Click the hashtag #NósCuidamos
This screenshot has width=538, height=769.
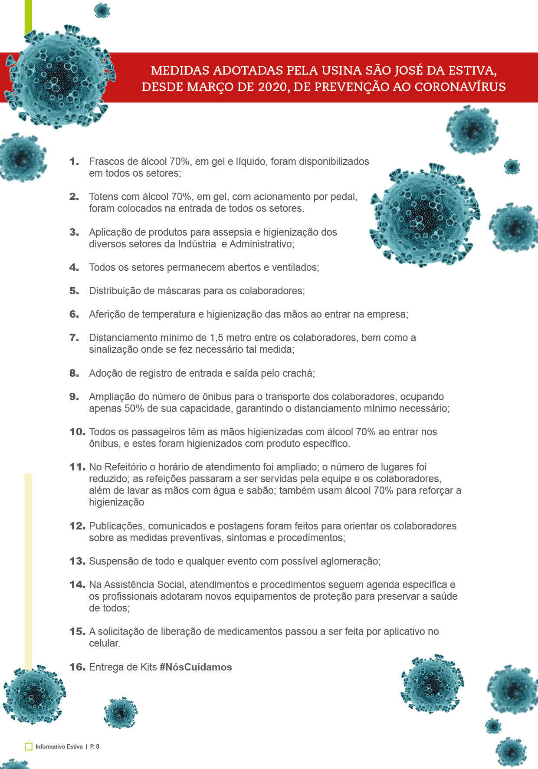click(x=196, y=667)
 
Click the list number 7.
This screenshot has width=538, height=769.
click(x=74, y=338)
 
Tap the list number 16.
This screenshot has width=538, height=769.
click(x=77, y=667)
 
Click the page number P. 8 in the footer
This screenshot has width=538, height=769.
click(x=95, y=746)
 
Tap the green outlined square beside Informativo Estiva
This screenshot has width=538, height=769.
click(x=29, y=746)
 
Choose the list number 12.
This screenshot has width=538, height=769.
click(x=77, y=526)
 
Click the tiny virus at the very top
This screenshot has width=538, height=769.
click(x=102, y=10)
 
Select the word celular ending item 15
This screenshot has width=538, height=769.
click(x=104, y=643)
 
